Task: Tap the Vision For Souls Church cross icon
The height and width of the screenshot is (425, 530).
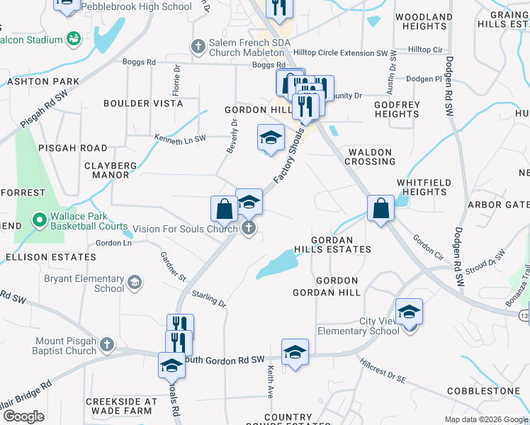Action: [248, 228]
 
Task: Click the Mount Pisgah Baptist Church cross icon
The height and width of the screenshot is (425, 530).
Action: [106, 345]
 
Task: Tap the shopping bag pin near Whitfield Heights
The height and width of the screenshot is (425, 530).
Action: [380, 208]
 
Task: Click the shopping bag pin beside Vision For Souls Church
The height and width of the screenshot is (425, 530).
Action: [224, 209]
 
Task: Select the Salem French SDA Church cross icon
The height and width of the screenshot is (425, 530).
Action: [199, 46]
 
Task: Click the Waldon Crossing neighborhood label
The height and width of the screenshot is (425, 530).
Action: [370, 157]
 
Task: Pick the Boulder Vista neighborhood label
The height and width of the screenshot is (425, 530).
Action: [143, 103]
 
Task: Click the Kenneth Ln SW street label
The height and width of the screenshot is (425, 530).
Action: [181, 137]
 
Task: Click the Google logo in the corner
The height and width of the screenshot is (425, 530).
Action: [23, 417]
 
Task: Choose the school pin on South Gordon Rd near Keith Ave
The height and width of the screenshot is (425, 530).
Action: [295, 351]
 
